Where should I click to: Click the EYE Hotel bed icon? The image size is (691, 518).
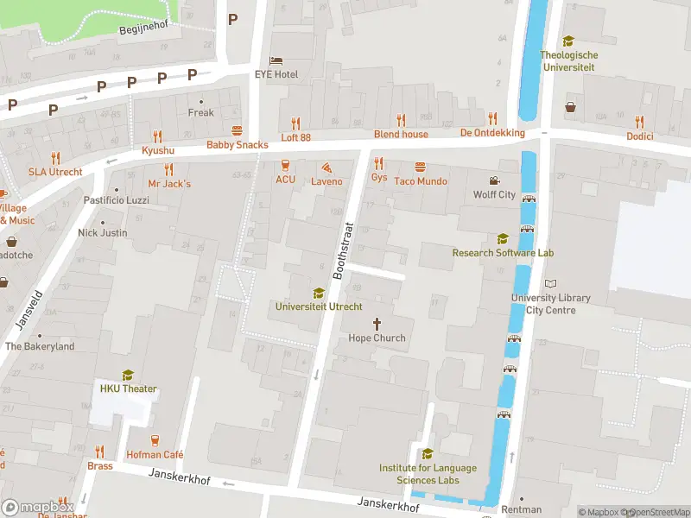276,60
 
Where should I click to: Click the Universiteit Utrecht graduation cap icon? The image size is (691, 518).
319,293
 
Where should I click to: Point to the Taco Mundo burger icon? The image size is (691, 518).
420,167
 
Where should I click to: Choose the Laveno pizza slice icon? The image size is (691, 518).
326,167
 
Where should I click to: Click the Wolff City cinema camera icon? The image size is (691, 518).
494,180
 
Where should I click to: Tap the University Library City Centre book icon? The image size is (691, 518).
551,283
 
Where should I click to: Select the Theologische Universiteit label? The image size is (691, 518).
568,60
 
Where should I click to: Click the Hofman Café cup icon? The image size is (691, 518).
155,440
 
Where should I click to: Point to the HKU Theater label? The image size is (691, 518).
128,388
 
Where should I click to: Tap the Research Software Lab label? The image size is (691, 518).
503,253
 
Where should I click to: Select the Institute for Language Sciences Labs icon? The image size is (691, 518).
428,454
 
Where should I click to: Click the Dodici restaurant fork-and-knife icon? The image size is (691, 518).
640,122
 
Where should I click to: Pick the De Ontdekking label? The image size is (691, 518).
492,133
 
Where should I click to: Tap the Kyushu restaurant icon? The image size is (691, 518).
157,136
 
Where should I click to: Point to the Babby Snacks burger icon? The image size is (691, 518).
238,130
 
